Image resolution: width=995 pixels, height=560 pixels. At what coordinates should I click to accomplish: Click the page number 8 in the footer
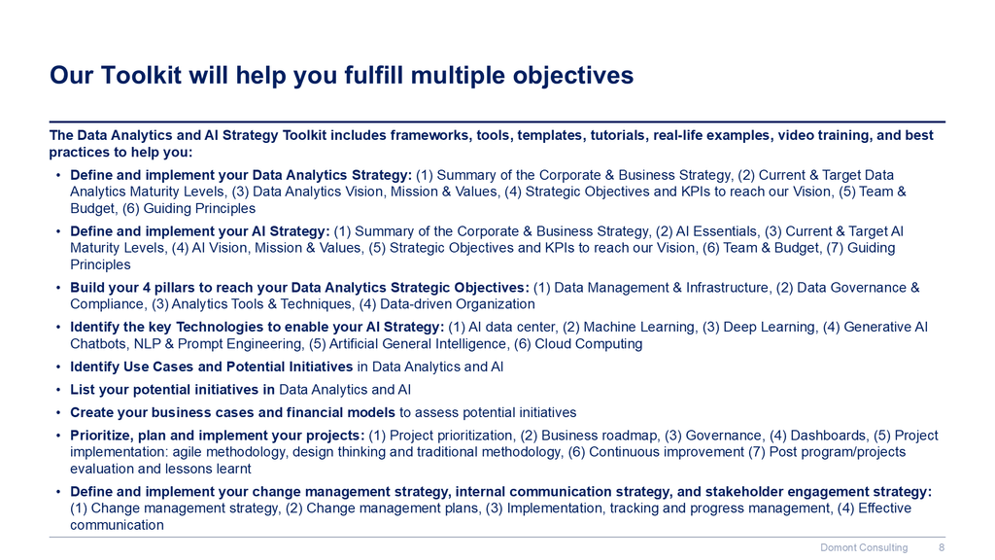pyautogui.click(x=942, y=547)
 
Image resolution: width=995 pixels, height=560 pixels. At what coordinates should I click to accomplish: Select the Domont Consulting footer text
pyautogui.click(x=864, y=547)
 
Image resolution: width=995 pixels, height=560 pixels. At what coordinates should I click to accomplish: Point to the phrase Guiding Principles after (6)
pyautogui.click(x=199, y=208)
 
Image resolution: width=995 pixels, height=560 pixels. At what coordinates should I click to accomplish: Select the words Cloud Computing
pyautogui.click(x=588, y=344)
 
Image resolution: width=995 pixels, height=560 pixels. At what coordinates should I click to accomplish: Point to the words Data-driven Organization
pyautogui.click(x=457, y=304)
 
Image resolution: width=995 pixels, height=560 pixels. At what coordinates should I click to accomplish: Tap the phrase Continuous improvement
pyautogui.click(x=667, y=452)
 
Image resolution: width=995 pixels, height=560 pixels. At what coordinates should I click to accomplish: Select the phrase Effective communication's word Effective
pyautogui.click(x=884, y=507)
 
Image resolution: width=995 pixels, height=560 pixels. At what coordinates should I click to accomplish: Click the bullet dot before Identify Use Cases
pyautogui.click(x=57, y=367)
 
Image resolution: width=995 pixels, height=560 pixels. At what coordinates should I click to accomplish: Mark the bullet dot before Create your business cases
pyautogui.click(x=57, y=412)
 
